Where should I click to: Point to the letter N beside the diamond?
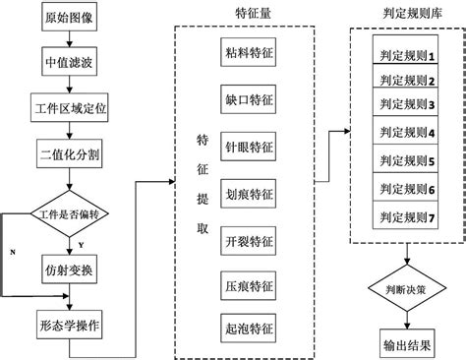(x=12, y=253)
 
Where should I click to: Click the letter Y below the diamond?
(x=80, y=243)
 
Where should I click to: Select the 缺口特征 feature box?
(x=250, y=100)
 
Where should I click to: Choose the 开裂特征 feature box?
(x=250, y=241)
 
